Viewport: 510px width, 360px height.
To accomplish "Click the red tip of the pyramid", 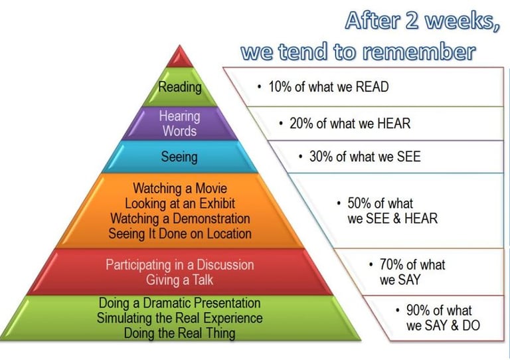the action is point(179,58).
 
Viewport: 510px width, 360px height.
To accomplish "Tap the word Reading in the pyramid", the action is point(180,87).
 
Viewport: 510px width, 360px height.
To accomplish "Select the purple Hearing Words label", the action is point(179,124).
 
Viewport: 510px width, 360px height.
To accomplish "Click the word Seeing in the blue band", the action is point(179,157).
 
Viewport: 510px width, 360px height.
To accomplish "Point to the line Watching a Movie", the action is point(180,188).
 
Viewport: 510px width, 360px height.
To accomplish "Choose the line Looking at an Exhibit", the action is point(180,203).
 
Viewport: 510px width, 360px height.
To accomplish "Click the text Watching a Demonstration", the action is point(180,219).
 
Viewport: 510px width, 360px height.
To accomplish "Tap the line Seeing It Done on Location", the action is point(180,234).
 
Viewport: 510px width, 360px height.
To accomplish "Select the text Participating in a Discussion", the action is point(180,265).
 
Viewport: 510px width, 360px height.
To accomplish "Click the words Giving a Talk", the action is point(179,280).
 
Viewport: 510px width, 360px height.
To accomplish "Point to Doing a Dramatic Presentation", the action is point(179,303).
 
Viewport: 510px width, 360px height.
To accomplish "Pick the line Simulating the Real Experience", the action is point(179,317).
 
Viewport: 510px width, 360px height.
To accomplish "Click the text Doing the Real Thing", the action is point(179,333).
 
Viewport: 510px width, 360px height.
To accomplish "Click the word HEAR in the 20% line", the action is point(394,124).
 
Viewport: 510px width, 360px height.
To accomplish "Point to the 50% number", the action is point(359,203).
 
